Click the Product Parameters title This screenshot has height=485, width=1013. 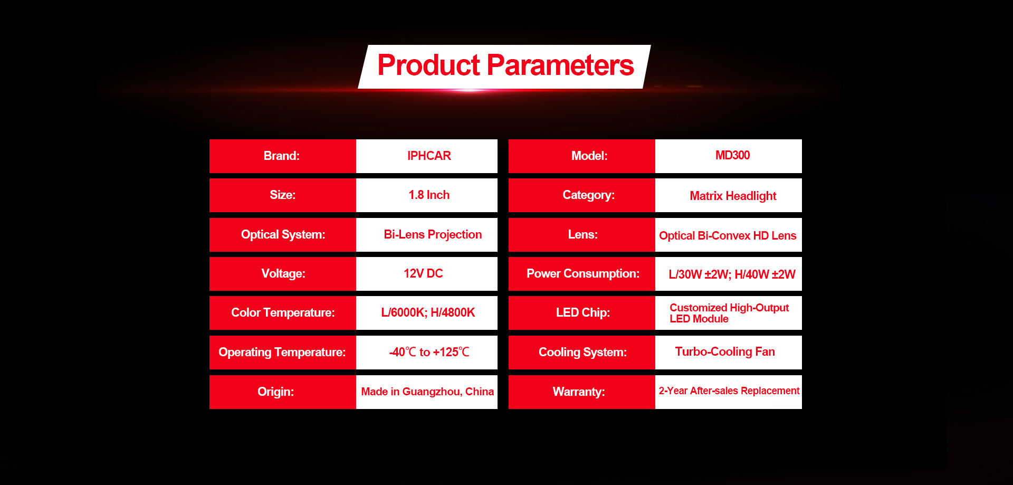[x=505, y=65]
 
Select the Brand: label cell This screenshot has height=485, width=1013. [x=283, y=156]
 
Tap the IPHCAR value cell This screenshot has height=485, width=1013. [x=427, y=156]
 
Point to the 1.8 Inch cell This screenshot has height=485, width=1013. [x=427, y=195]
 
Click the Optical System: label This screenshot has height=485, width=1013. [x=283, y=235]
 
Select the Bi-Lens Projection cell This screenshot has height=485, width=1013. [x=427, y=235]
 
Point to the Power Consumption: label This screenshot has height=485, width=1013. [x=582, y=274]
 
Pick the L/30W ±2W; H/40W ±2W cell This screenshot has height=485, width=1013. [x=729, y=274]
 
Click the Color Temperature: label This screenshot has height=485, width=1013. [x=283, y=313]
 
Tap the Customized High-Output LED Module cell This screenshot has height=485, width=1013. [x=729, y=313]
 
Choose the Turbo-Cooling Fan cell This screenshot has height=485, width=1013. [x=729, y=353]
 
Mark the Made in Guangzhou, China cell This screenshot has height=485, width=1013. [x=427, y=392]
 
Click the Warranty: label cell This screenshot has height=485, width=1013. [x=582, y=392]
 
